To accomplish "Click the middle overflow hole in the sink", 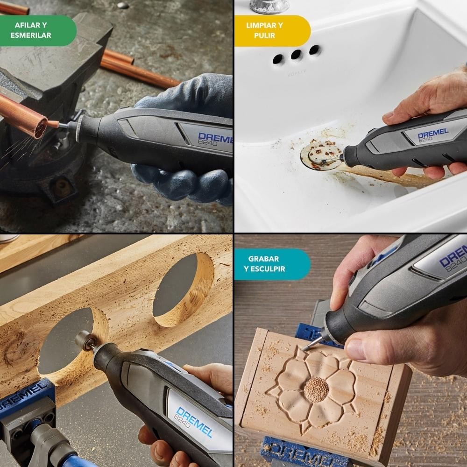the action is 297,55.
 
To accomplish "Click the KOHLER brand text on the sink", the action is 297,72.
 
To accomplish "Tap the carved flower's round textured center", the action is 316,390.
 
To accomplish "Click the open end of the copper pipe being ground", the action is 41,128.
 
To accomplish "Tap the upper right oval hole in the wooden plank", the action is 183,290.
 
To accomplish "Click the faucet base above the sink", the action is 269,7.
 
